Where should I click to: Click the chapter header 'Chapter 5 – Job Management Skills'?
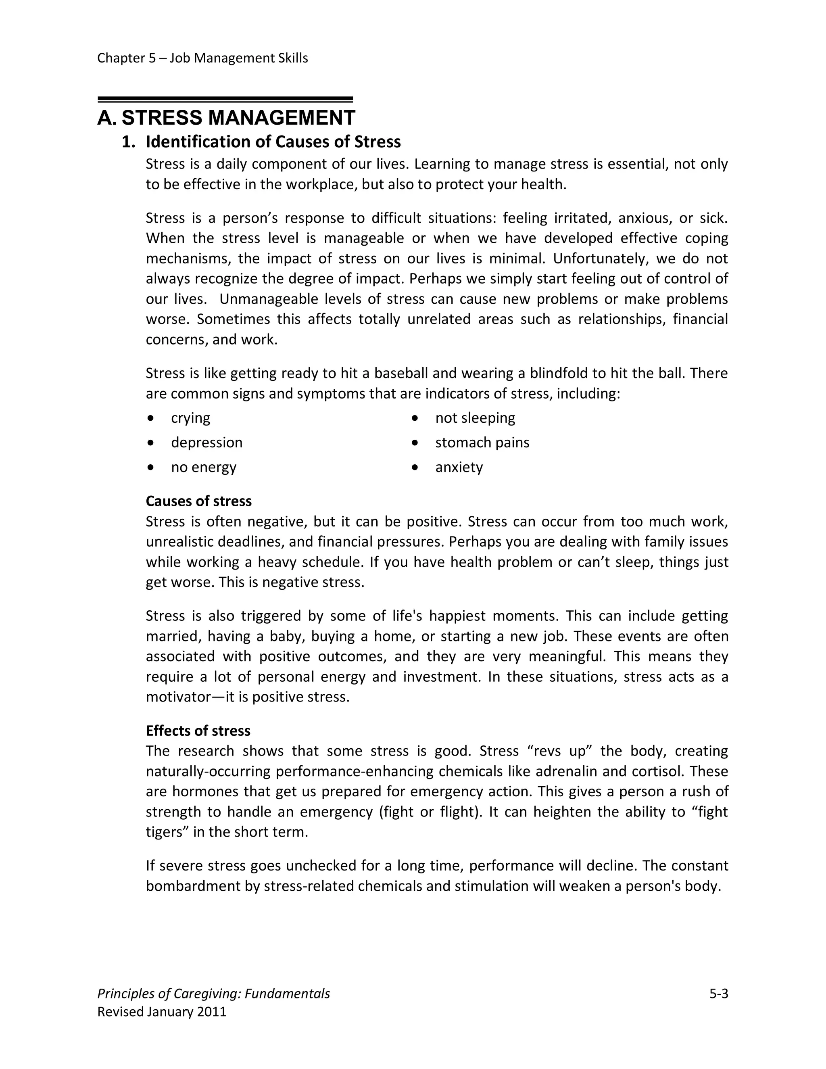202,58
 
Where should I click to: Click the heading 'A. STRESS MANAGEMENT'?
226,118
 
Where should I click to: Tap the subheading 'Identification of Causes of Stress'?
273,142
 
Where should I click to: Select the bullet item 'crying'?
190,418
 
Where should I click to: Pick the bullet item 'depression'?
206,443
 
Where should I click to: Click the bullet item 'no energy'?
204,467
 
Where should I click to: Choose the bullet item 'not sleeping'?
475,418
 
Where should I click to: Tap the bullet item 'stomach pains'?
482,443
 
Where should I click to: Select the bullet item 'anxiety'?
459,467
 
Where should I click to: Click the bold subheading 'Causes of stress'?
199,501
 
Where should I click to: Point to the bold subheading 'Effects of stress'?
198,731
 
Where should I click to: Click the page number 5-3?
718,994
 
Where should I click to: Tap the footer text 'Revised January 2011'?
162,1012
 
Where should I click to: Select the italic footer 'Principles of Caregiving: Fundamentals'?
213,994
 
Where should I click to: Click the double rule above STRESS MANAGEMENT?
225,99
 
